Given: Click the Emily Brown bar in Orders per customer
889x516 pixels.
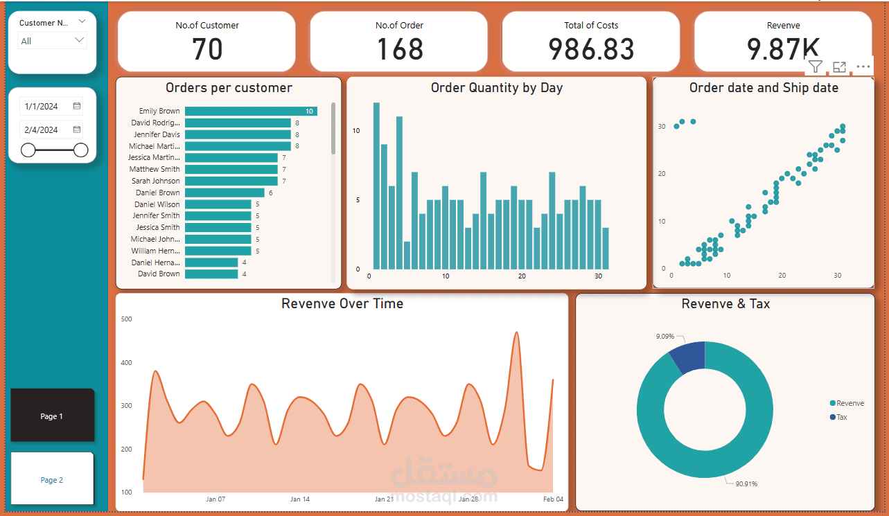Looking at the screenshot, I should pyautogui.click(x=249, y=111).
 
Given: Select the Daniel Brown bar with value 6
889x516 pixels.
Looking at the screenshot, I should pyautogui.click(x=224, y=193).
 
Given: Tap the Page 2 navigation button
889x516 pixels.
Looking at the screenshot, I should pyautogui.click(x=52, y=479).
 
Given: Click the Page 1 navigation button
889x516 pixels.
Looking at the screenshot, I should pyautogui.click(x=52, y=416).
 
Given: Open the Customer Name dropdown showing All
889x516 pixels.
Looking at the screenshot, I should pyautogui.click(x=53, y=41).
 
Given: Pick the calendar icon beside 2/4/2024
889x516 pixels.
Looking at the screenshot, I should pyautogui.click(x=77, y=130).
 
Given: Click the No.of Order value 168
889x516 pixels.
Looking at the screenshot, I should pyautogui.click(x=399, y=49).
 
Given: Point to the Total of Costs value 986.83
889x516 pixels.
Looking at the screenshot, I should pyautogui.click(x=591, y=49).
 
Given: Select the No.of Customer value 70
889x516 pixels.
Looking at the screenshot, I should pyautogui.click(x=207, y=49).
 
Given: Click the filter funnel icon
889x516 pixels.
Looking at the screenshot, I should pyautogui.click(x=816, y=67).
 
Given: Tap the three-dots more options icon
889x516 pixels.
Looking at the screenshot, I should pyautogui.click(x=863, y=67).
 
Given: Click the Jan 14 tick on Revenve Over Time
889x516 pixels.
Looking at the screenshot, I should pyautogui.click(x=300, y=499).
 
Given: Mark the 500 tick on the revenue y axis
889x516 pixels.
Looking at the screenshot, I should pyautogui.click(x=126, y=319).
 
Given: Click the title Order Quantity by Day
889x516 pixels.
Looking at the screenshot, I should pyautogui.click(x=496, y=88).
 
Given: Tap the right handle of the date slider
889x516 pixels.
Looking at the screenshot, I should pyautogui.click(x=81, y=150).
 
